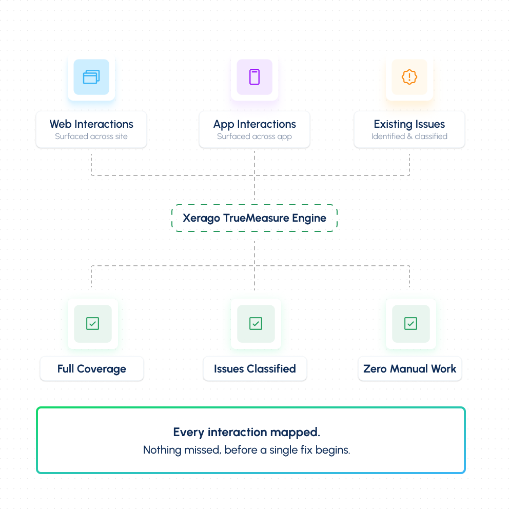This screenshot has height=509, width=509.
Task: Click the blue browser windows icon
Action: click(x=91, y=77)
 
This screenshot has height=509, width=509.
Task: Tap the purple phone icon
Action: click(x=254, y=77)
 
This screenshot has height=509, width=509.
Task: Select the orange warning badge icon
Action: click(x=409, y=77)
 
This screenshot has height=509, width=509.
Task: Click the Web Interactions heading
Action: click(x=91, y=124)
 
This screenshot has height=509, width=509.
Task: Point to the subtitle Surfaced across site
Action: click(x=91, y=136)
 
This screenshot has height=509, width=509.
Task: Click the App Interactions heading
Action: click(x=254, y=124)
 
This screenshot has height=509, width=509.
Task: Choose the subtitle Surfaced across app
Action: click(x=254, y=136)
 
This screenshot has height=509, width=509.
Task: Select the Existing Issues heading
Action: click(x=409, y=124)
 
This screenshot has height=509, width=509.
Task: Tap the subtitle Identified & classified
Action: click(x=409, y=136)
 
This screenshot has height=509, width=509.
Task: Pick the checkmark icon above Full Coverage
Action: click(x=92, y=324)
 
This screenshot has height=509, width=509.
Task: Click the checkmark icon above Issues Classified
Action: click(x=256, y=324)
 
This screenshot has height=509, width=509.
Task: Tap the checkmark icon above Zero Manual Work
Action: click(x=410, y=324)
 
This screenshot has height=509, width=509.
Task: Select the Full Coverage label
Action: click(x=92, y=369)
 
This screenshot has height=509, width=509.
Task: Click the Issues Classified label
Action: click(x=255, y=369)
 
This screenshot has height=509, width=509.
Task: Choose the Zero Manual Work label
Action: click(x=409, y=369)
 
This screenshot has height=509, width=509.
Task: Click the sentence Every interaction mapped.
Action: click(x=247, y=433)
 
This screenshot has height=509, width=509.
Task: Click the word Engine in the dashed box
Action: click(x=309, y=218)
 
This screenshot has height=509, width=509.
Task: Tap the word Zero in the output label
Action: click(x=375, y=369)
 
